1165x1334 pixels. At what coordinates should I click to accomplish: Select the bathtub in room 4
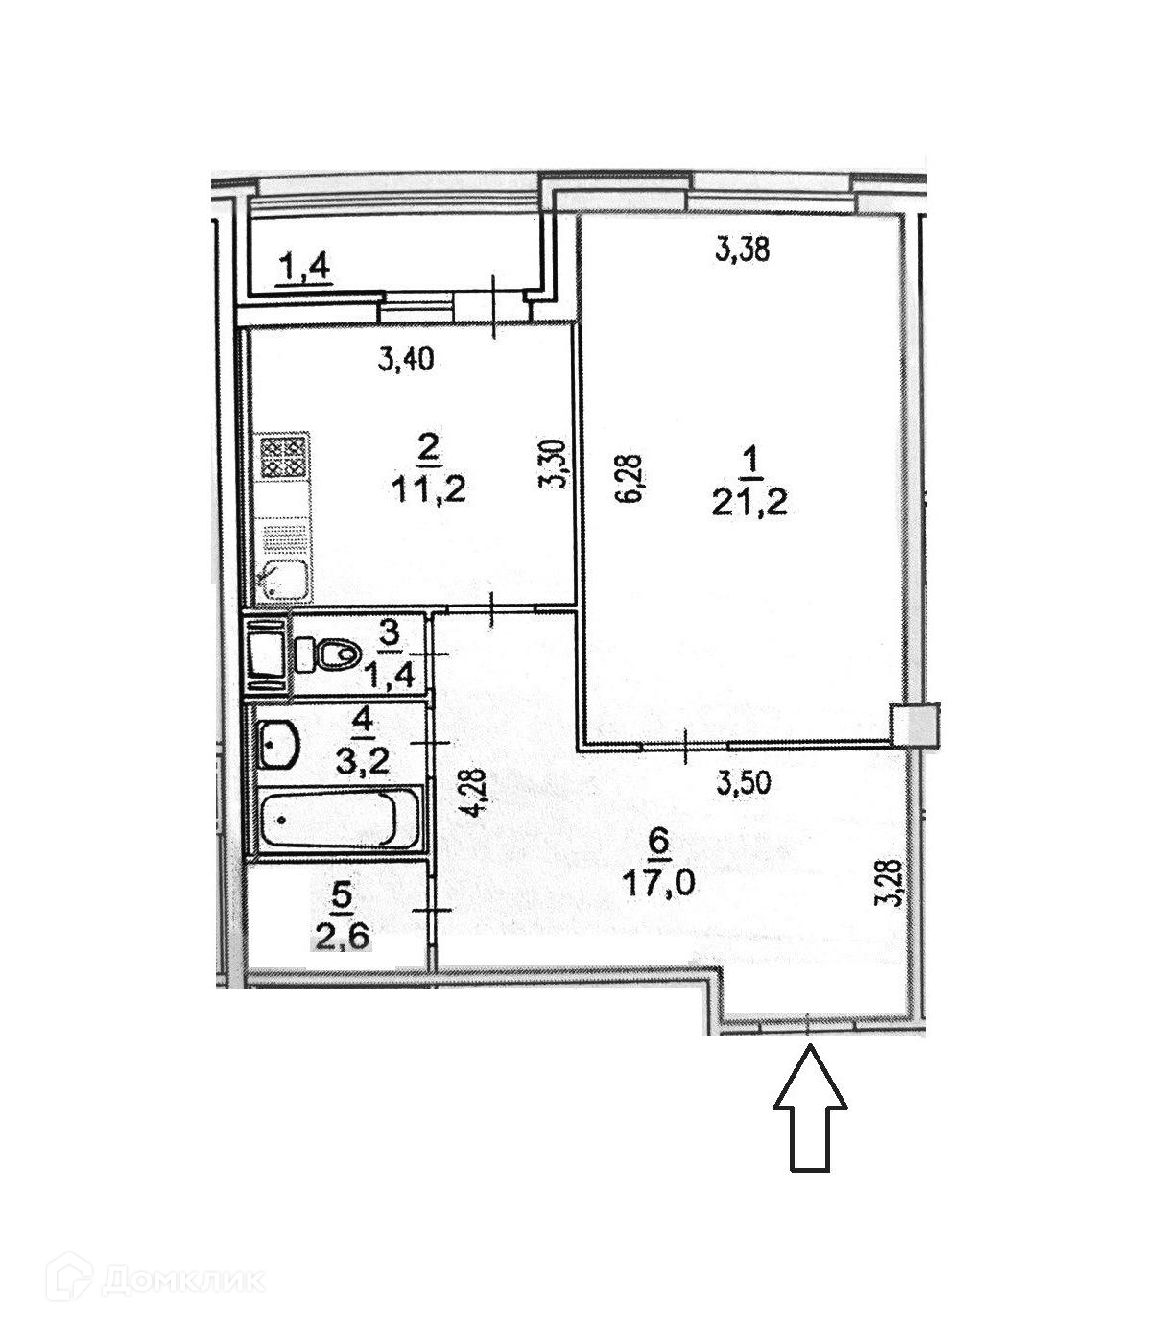[341, 820]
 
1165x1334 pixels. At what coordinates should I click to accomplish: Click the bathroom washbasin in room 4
[277, 745]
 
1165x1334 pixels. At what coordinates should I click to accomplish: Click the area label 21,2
[749, 501]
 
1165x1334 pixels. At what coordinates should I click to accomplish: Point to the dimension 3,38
[744, 251]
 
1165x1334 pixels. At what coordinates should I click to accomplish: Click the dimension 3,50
[744, 783]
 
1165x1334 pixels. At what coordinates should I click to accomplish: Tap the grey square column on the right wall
[915, 726]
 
